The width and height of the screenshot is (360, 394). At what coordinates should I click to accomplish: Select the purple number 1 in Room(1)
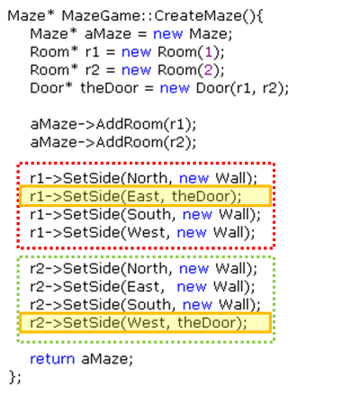coord(209,52)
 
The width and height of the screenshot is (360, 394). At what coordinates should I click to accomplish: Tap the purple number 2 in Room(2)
coord(209,70)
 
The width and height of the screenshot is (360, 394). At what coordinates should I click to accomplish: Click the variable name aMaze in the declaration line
coord(108,34)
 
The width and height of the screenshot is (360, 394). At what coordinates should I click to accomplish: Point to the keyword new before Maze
coord(167,34)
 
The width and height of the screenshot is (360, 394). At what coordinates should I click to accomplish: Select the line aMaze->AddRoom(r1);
coord(113,124)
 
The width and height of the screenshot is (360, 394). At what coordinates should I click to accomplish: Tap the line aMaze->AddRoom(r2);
coord(113,142)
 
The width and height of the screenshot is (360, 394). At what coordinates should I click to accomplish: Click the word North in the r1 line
coord(147,178)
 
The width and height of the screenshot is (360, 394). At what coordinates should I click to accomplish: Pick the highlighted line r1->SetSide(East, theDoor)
coord(136,196)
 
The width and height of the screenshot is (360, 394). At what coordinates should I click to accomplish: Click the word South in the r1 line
coord(148,214)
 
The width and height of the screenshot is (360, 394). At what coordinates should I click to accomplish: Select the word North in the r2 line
coord(147,268)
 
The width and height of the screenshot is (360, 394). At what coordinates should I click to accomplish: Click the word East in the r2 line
coord(143,287)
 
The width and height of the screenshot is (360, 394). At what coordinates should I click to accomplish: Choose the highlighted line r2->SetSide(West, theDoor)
coord(139,323)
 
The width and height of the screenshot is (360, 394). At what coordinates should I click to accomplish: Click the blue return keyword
coord(52,359)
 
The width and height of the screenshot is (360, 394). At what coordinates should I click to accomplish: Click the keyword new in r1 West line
coord(192,233)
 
